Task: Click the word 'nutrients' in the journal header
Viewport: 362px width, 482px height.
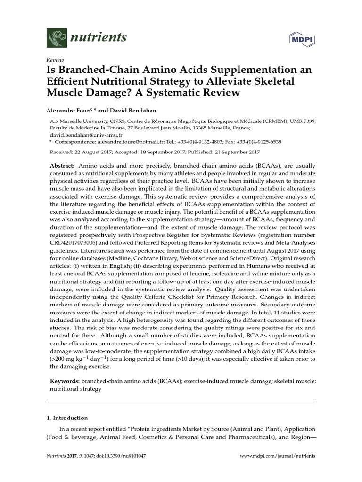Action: click(x=98, y=37)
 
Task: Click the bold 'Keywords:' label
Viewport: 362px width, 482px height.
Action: click(x=65, y=382)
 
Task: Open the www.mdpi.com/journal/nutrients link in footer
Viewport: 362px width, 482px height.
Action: click(x=278, y=456)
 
